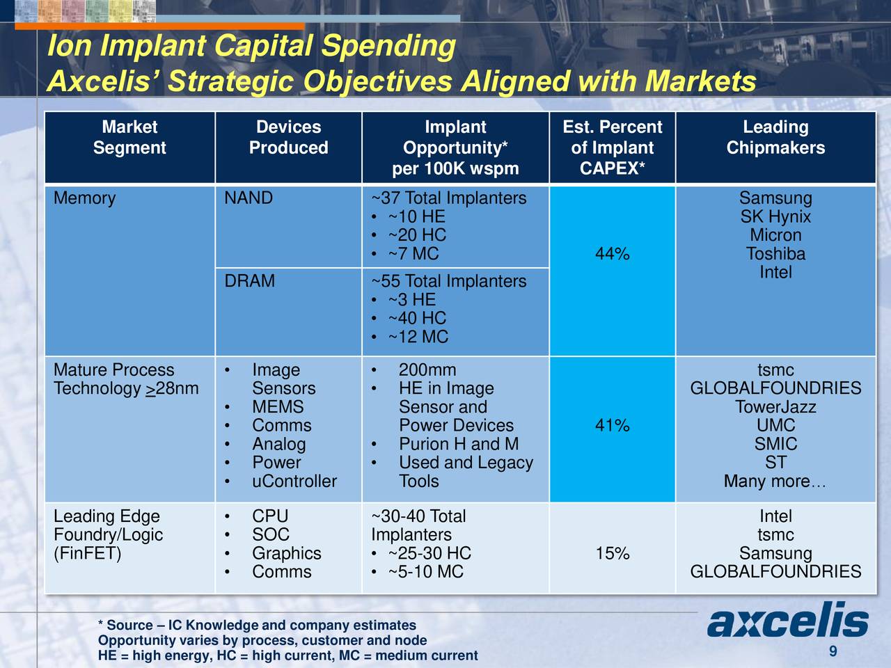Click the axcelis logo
coord(788,621)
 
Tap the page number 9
coord(833,651)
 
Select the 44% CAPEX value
coord(612,255)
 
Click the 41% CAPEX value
coord(612,426)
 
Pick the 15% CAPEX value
coord(612,554)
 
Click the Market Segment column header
coord(129,138)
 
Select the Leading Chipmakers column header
coord(775,138)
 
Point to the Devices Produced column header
coord(288,138)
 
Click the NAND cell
coord(249,198)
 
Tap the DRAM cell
coord(249,281)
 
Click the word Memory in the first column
coord(84,198)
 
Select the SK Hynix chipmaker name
coord(775,217)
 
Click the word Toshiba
coord(775,255)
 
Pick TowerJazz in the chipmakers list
coord(775,407)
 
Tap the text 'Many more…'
coord(775,482)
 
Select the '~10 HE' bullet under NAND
coord(416,217)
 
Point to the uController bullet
coord(294,482)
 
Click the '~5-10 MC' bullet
coord(425,572)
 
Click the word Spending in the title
coord(388,47)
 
